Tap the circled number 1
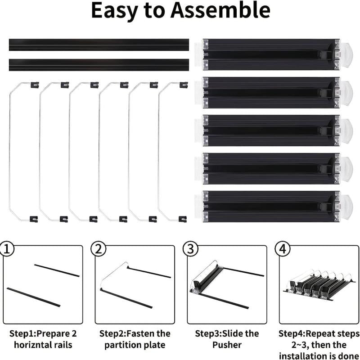[7, 249]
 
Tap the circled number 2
[99, 249]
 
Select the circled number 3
[190, 249]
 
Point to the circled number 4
[283, 249]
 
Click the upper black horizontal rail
[99, 45]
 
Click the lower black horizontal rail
[99, 65]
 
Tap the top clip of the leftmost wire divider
[35, 85]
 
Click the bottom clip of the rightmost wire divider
[183, 219]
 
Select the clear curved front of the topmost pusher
[346, 54]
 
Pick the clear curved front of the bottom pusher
[346, 207]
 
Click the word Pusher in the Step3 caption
[227, 345]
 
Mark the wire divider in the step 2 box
[114, 274]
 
